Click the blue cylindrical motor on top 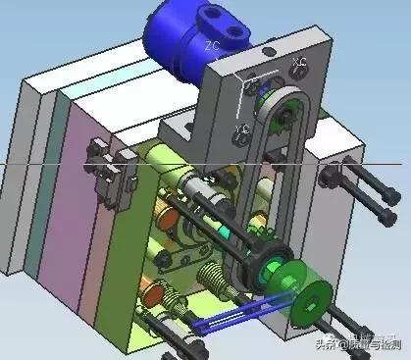click(x=177, y=44)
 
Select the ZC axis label click(x=212, y=46)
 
